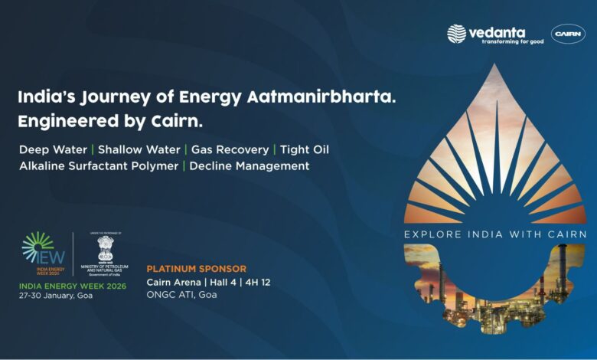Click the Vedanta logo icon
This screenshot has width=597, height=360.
[x=457, y=34]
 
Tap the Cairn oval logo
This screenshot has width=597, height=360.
[x=568, y=34]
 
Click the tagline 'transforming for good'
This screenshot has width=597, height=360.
[x=512, y=41]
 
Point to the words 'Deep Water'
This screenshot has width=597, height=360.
[x=49, y=149]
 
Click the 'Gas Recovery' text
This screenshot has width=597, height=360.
[x=230, y=149]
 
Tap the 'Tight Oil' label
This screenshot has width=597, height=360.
[x=305, y=149]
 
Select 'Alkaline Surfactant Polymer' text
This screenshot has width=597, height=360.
[x=98, y=165]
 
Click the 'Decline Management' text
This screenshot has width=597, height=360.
[x=250, y=165]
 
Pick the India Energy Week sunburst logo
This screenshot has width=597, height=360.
[x=39, y=250]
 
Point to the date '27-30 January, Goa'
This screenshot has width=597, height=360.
[x=57, y=296]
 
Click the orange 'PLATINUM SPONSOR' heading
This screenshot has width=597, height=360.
[x=197, y=269]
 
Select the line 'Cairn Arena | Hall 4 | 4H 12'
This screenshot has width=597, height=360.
[x=208, y=282]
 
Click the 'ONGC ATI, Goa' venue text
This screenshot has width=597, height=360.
[x=181, y=295]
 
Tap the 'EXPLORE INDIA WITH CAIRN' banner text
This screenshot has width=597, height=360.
[x=495, y=234]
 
